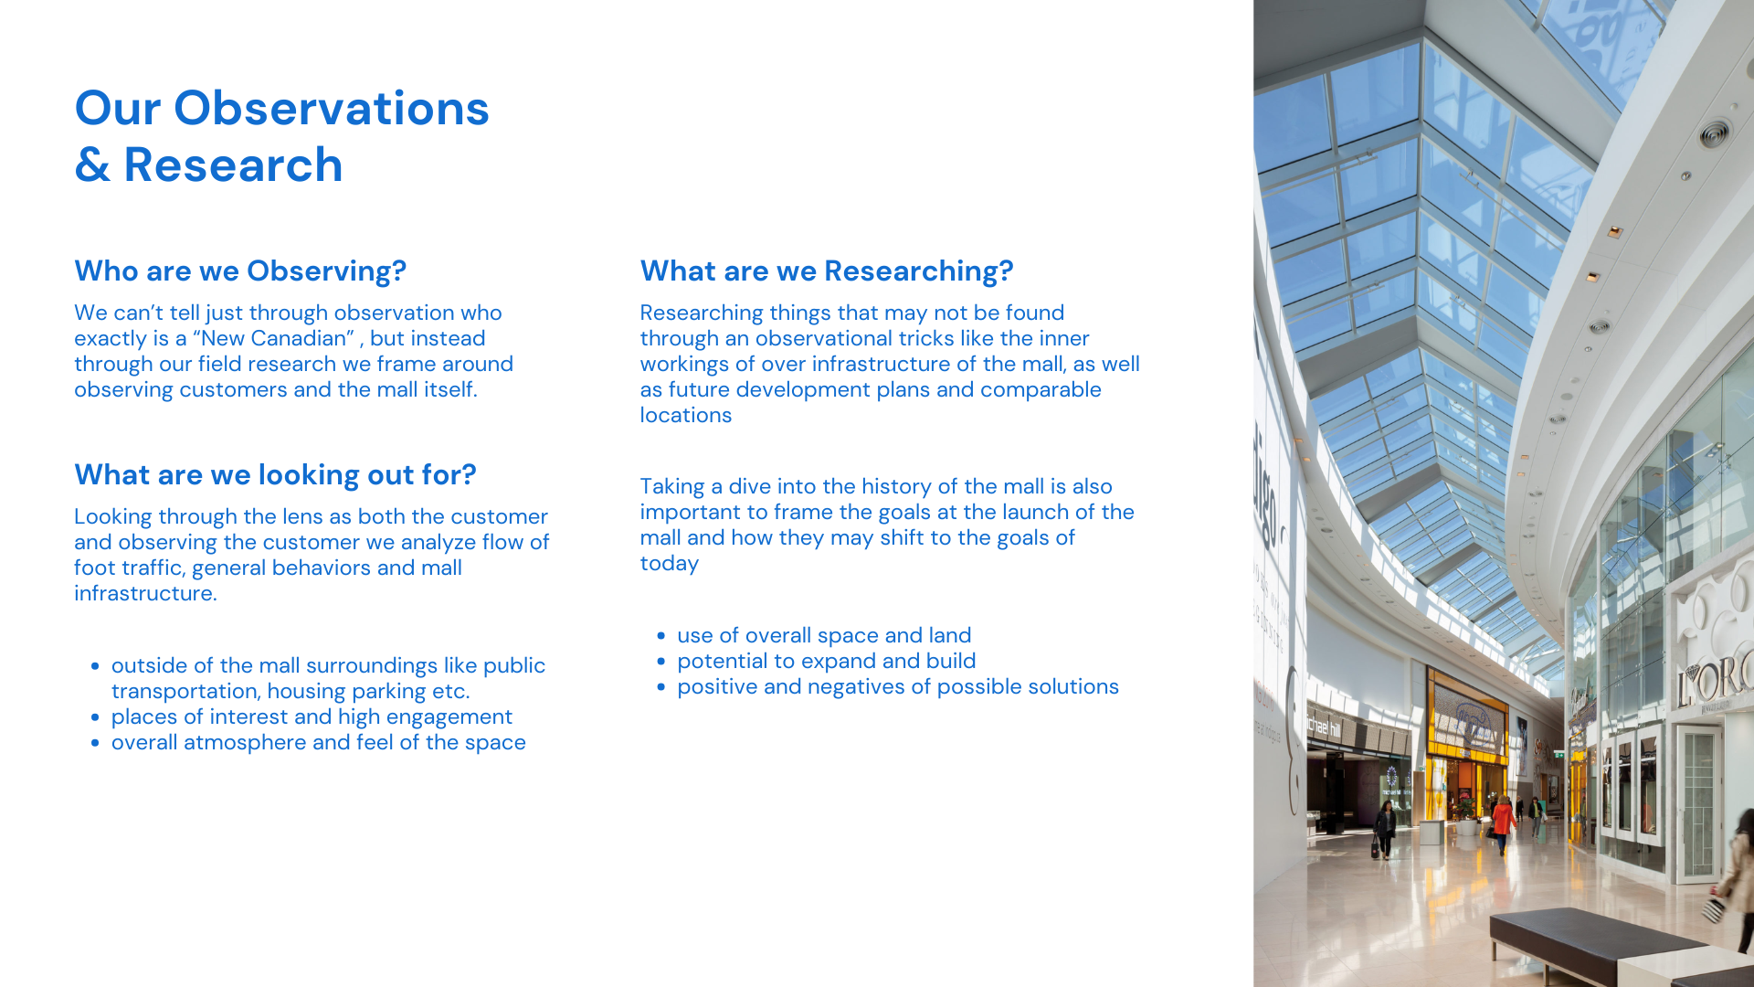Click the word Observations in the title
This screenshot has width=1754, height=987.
[332, 108]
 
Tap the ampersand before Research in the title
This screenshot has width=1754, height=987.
[92, 165]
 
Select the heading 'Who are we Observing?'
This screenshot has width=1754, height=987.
[240, 271]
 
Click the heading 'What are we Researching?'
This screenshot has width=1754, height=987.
[827, 271]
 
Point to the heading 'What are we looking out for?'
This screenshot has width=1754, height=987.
[275, 475]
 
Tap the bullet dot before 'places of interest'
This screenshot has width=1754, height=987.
[95, 717]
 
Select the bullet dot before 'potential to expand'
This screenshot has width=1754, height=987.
[660, 662]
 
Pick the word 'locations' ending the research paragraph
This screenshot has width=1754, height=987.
[686, 415]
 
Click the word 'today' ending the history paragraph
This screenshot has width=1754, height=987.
[670, 564]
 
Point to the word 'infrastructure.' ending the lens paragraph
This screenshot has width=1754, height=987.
[146, 593]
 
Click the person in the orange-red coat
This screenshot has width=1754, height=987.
[1502, 822]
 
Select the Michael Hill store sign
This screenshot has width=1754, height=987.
[1323, 727]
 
